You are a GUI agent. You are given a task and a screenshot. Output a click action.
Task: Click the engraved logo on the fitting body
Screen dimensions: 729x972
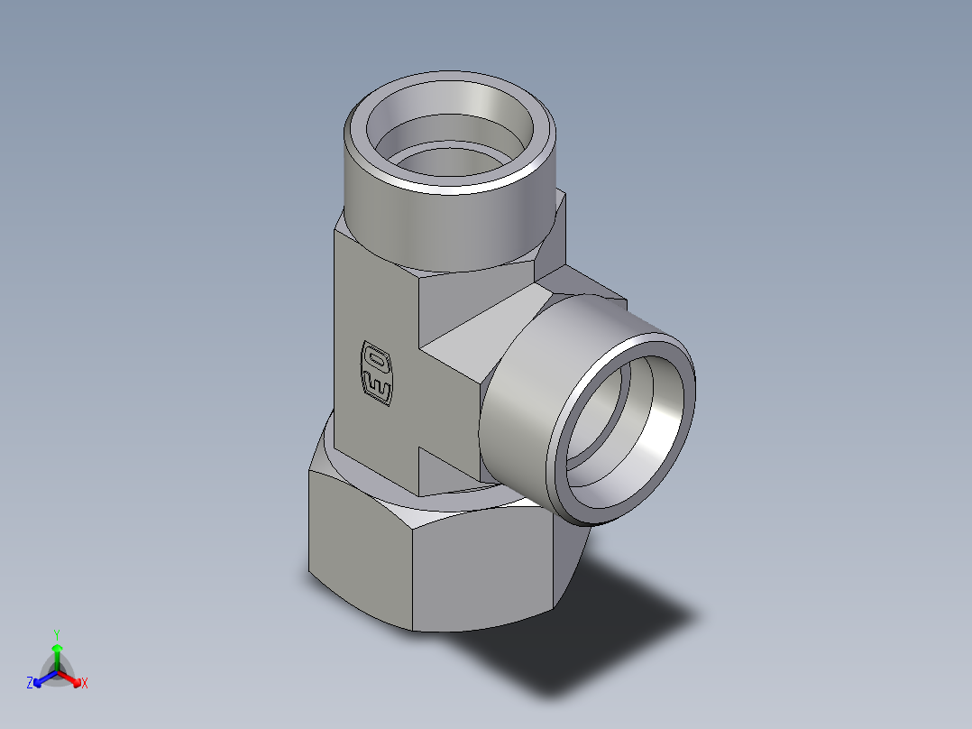(x=377, y=371)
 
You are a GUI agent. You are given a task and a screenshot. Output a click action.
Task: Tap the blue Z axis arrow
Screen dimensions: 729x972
(x=41, y=678)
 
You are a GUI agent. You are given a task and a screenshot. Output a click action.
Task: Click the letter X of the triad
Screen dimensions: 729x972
(x=85, y=684)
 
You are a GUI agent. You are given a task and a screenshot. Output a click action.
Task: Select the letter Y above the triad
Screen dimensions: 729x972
(x=57, y=633)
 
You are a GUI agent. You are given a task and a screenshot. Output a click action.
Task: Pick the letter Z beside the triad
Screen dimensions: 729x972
(x=30, y=683)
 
